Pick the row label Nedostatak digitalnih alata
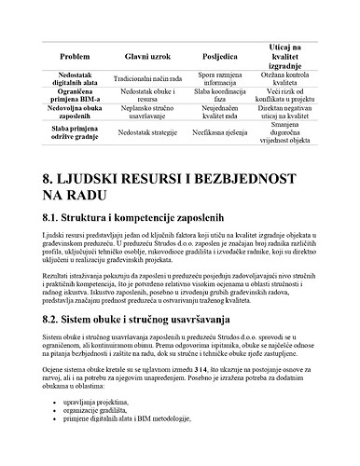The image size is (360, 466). (x=74, y=80)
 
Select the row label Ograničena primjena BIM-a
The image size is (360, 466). (x=74, y=98)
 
